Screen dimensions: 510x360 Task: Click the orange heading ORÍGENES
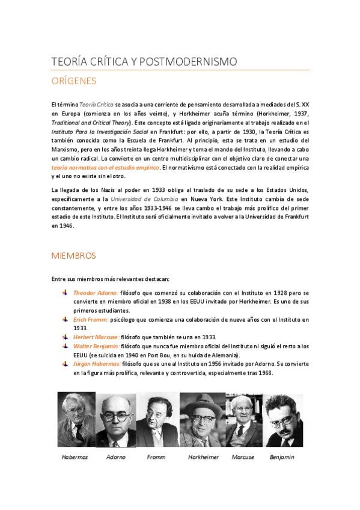coord(74,80)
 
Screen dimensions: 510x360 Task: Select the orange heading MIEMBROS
coord(74,256)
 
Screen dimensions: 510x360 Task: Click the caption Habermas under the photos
coord(75,457)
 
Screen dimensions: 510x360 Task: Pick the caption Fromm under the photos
coord(156,457)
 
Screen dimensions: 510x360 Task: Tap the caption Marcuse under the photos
coord(243,457)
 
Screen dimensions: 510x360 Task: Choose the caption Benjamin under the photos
coord(282,457)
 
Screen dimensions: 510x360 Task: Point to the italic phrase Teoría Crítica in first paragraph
coord(96,105)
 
